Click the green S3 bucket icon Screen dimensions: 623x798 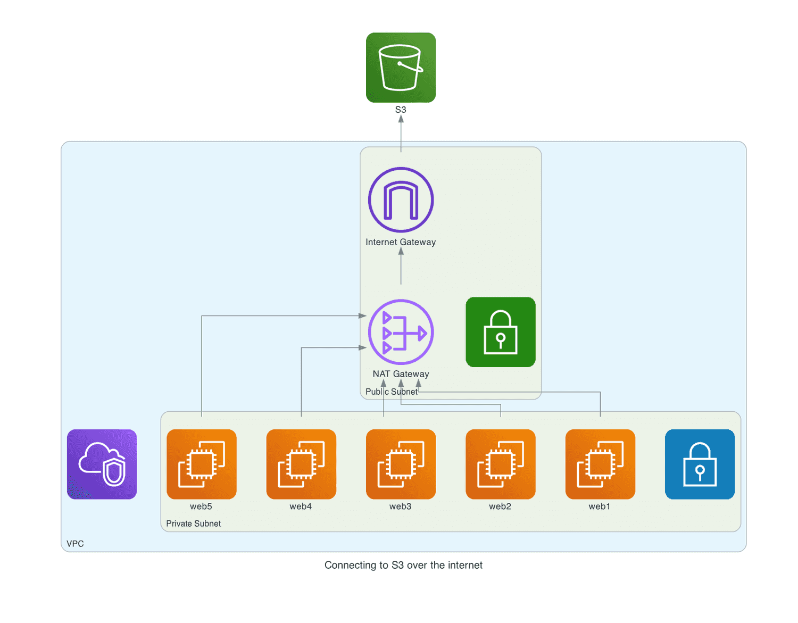401,68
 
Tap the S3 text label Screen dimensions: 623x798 401,110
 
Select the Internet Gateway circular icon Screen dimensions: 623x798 401,200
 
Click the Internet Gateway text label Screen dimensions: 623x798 401,242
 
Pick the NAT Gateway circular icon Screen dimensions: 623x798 401,332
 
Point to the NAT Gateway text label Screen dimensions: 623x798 401,374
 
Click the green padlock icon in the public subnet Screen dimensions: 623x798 500,332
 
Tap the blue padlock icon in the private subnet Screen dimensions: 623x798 700,464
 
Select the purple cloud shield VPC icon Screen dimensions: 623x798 102,464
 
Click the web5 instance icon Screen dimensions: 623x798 201,464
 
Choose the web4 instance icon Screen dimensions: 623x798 301,464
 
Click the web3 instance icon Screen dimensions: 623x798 401,464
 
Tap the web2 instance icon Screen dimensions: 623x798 500,464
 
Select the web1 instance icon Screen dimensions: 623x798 600,464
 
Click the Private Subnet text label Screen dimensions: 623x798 193,524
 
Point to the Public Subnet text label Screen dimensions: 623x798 392,392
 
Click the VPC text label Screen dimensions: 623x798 75,544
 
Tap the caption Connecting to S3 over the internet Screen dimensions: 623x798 403,565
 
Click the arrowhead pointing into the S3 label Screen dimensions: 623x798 401,119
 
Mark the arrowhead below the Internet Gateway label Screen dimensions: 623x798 401,251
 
